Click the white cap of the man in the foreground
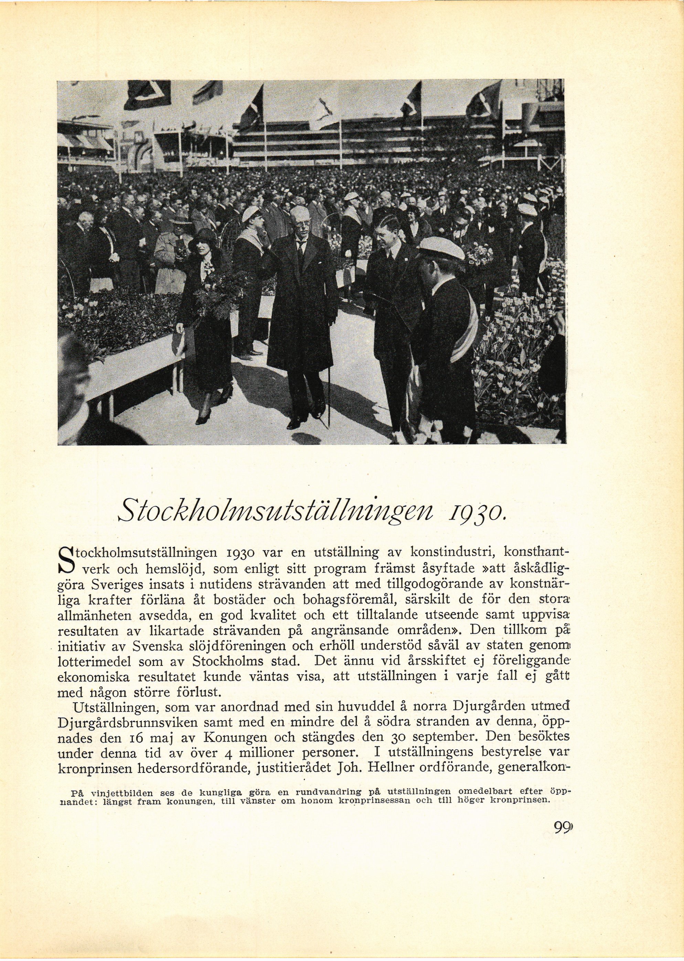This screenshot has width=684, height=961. point(440,248)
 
